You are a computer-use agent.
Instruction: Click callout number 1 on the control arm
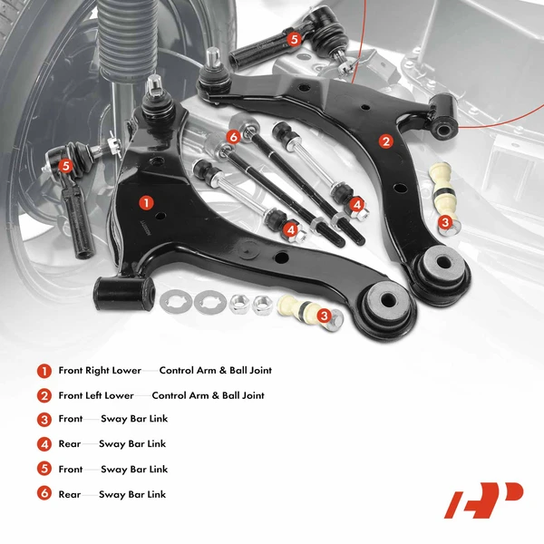pos(145,202)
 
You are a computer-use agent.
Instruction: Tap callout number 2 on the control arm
pos(385,141)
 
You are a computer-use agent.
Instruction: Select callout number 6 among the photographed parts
pos(233,137)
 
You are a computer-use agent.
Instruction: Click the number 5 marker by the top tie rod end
pos(293,39)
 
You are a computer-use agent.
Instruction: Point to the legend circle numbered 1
pos(43,371)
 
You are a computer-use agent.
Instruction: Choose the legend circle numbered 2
pos(43,395)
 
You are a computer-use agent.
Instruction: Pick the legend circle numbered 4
pos(43,444)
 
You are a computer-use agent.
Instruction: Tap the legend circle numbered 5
pos(43,470)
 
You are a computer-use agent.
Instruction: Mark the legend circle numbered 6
pos(43,494)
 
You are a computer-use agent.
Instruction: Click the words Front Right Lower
pos(100,371)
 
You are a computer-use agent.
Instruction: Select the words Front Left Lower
pos(96,395)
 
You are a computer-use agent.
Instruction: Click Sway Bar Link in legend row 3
pos(134,420)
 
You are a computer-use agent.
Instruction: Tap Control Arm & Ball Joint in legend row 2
pos(208,395)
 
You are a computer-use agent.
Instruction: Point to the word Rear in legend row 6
pos(70,494)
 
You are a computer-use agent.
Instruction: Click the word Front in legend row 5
pos(71,470)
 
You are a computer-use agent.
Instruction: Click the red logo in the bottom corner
pos(483,500)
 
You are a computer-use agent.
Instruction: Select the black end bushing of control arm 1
pos(120,292)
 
